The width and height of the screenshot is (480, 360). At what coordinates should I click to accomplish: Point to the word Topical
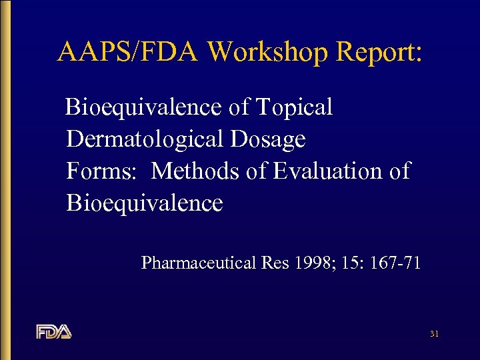click(294, 107)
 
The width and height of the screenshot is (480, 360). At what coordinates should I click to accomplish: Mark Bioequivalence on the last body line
click(145, 203)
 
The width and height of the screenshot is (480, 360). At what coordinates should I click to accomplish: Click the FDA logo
click(54, 331)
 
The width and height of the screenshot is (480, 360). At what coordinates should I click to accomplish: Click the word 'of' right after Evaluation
click(399, 171)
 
